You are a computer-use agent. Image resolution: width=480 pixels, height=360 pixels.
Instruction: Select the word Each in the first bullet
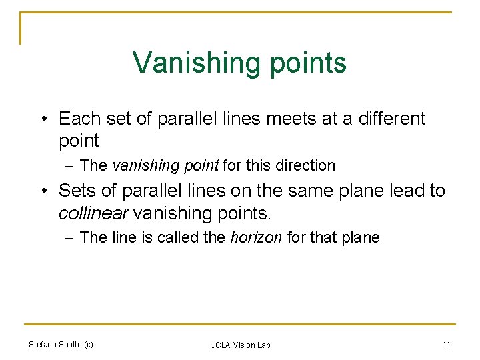click(x=77, y=119)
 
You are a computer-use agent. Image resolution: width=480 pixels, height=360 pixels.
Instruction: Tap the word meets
click(x=294, y=119)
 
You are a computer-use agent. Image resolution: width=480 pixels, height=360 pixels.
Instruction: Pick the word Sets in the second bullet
click(x=76, y=191)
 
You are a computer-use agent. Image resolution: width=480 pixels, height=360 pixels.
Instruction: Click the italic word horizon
click(x=256, y=237)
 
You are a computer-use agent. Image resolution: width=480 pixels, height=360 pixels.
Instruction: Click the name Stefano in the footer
click(x=44, y=344)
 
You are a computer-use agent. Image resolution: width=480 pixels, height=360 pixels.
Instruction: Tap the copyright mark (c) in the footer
click(x=87, y=344)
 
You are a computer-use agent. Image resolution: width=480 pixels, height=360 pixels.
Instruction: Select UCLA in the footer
click(x=220, y=345)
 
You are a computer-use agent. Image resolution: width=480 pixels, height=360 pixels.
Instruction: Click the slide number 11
click(x=446, y=344)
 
